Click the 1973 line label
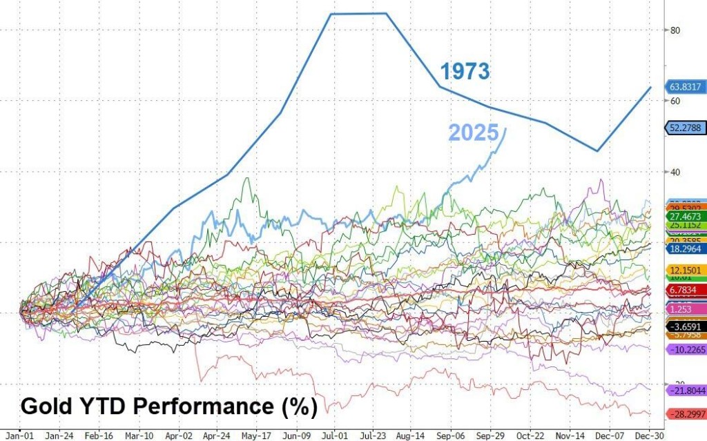pos(465,71)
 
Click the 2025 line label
pos(474,133)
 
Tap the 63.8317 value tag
pos(686,87)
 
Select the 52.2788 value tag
pos(686,128)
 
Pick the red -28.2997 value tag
pos(686,413)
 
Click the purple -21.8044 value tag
pos(686,391)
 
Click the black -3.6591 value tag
pos(686,326)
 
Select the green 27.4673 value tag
pos(686,216)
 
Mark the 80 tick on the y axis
pos(676,30)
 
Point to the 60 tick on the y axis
pos(676,101)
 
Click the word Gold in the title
pos(46,405)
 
